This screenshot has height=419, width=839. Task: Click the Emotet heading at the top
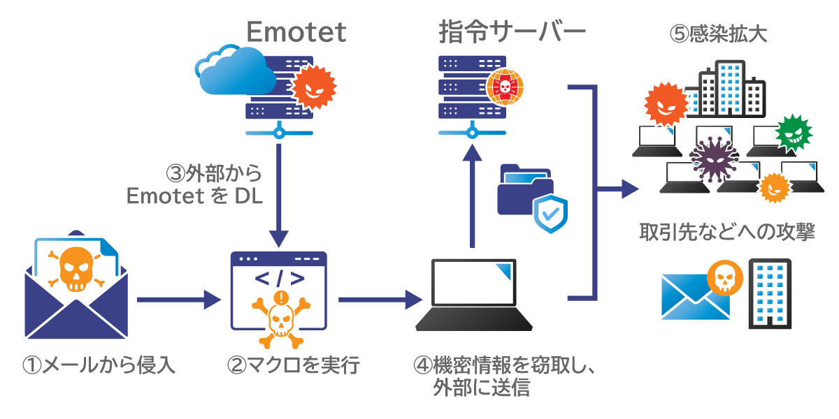click(296, 31)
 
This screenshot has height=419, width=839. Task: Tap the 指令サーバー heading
click(512, 31)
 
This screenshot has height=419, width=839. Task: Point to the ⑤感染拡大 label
click(718, 34)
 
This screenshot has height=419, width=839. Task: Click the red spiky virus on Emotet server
click(313, 87)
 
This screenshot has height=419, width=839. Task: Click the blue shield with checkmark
click(550, 214)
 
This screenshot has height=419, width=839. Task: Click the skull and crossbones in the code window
click(280, 318)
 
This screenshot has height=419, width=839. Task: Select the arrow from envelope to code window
click(178, 301)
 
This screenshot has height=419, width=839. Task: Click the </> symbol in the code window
click(279, 279)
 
